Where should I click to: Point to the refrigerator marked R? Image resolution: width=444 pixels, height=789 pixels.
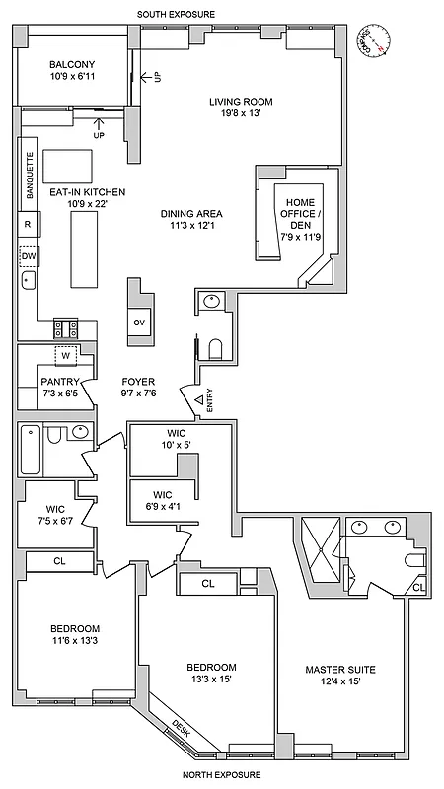click(28, 225)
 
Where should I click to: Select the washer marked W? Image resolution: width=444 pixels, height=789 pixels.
click(66, 356)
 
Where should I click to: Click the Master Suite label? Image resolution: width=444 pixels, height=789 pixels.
click(340, 676)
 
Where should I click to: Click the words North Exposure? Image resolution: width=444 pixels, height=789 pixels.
click(216, 776)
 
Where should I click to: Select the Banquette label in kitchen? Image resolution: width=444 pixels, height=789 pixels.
click(29, 177)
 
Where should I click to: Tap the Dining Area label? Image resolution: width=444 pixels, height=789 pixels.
click(191, 219)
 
